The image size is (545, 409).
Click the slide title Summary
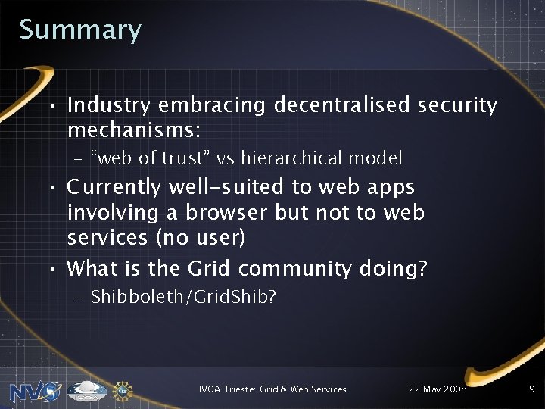80,30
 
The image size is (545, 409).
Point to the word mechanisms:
134,130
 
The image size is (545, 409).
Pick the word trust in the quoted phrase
184,158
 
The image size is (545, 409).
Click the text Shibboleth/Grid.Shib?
183,297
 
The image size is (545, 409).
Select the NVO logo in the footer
34,391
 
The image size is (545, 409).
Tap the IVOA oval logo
87,391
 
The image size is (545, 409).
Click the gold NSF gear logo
123,391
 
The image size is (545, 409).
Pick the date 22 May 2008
438,389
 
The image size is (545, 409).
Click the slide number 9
531,389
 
